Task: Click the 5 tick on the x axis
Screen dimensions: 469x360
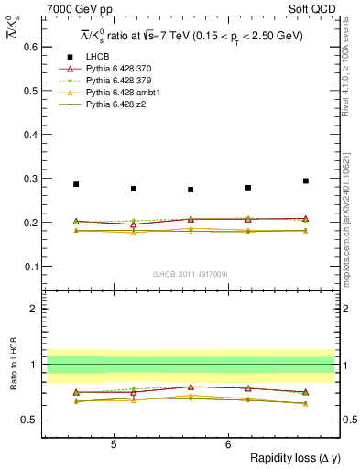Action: coord(113,444)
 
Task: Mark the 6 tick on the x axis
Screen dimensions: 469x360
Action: coord(228,444)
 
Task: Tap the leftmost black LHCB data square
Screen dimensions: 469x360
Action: coord(76,184)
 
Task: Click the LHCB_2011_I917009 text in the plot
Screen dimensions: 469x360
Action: coord(191,274)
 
